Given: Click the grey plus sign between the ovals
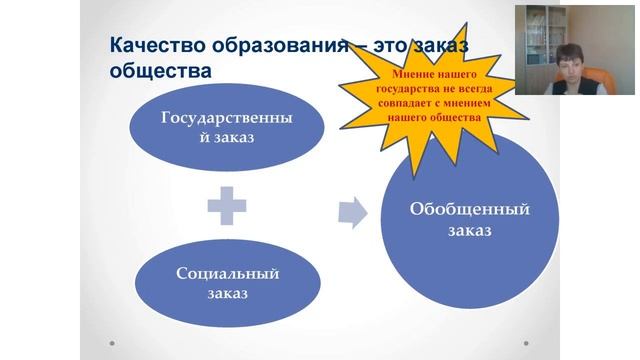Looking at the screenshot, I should (227, 209).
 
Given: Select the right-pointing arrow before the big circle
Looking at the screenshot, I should (352, 211).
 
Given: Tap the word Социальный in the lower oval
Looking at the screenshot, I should (227, 274).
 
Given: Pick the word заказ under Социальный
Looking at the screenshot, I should (227, 295).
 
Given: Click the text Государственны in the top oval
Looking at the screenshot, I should (227, 117).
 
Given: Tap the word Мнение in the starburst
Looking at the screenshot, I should (413, 75).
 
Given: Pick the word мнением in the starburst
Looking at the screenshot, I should (478, 103).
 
